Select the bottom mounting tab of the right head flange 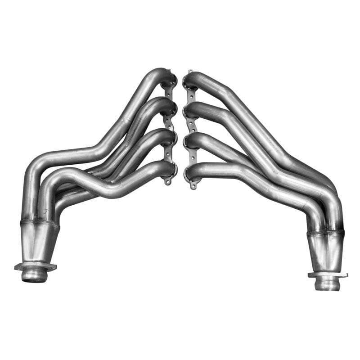point(193,185)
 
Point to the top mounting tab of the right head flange point(189,72)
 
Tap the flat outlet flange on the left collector point(35,266)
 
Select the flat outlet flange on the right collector point(327,274)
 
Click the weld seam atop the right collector point(325,234)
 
